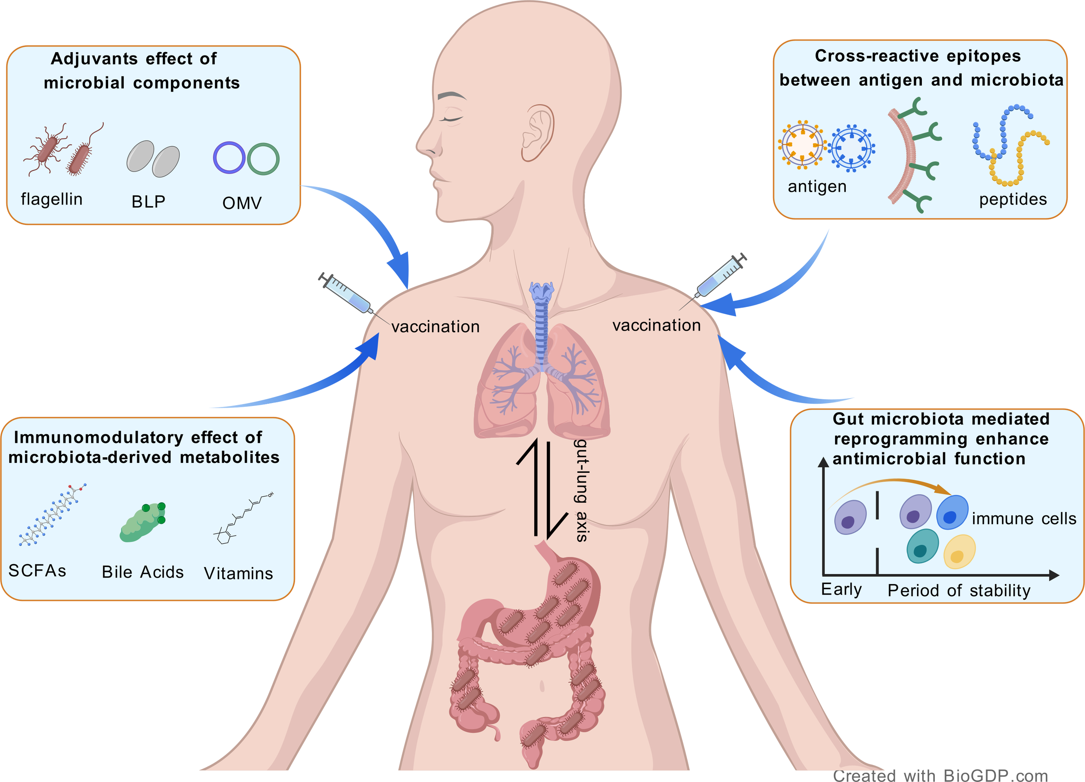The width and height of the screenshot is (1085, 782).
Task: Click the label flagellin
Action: (x=52, y=199)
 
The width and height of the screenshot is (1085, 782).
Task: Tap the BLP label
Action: (x=148, y=201)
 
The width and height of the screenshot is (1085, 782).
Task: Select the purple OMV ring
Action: (x=229, y=158)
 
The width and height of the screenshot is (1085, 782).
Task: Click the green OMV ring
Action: (x=263, y=159)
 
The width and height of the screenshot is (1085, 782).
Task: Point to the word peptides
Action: (x=1013, y=199)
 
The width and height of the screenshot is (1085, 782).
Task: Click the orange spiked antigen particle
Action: (x=802, y=145)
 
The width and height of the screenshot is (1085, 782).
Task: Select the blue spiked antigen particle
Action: (x=852, y=148)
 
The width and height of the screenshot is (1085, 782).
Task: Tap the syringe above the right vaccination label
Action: (x=720, y=275)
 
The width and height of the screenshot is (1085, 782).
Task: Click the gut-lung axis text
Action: (x=581, y=490)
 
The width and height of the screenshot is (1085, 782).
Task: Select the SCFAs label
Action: (x=37, y=571)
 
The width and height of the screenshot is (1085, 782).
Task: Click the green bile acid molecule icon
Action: (x=142, y=522)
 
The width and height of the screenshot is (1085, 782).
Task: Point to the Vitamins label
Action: (x=238, y=573)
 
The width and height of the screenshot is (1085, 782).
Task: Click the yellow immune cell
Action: (x=959, y=552)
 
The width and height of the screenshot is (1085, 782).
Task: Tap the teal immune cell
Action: (x=922, y=546)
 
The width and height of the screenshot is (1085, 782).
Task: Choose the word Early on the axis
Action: (x=841, y=589)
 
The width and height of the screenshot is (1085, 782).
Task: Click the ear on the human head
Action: (x=537, y=132)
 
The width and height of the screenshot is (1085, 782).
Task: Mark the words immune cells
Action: (x=1024, y=519)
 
